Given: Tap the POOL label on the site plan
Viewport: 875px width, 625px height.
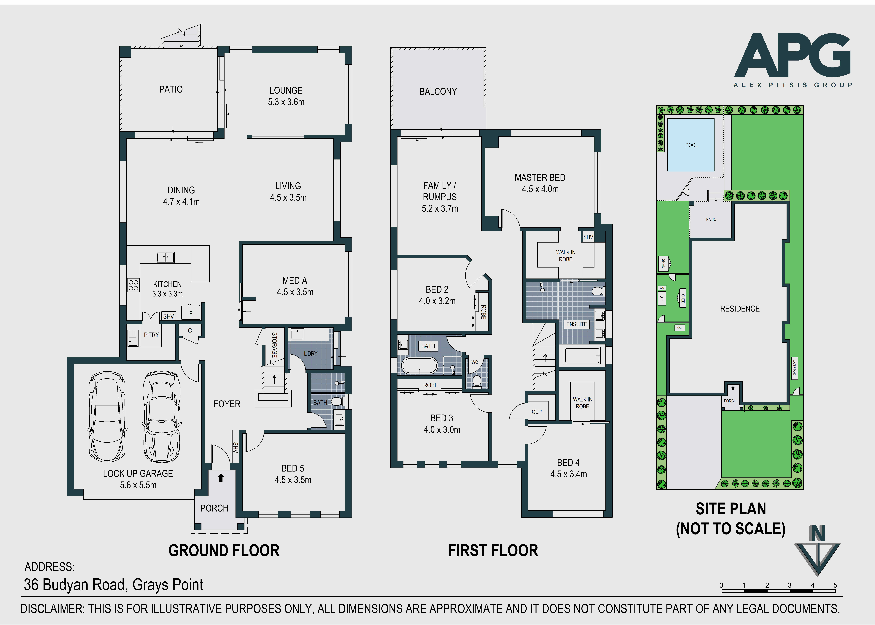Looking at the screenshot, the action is point(691,145).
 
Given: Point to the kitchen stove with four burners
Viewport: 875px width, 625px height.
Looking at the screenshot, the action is point(133,285).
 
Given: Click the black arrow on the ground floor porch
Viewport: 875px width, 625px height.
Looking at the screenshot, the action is point(220,478).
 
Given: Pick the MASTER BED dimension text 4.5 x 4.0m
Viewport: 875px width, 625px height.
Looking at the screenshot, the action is point(540,189).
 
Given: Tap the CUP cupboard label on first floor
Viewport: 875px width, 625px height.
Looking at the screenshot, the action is point(537,412).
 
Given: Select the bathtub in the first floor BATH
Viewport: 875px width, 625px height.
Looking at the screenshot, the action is point(420,366).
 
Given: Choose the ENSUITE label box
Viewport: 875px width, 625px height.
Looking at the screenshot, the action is point(577,324).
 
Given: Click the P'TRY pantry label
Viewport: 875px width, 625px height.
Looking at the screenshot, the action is point(151,335).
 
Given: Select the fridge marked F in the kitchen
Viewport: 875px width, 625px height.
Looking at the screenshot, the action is point(191,313).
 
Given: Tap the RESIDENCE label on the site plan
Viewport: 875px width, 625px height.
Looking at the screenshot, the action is point(740,309).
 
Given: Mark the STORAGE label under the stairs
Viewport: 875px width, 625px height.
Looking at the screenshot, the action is point(274,345).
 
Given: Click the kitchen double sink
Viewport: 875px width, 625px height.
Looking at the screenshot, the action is point(165,257).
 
